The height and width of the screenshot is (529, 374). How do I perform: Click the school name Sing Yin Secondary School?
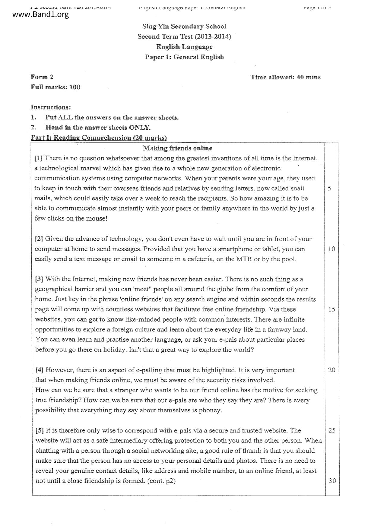(x=184, y=27)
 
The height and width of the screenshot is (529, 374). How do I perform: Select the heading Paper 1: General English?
(x=184, y=57)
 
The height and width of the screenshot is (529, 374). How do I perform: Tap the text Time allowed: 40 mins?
(x=285, y=77)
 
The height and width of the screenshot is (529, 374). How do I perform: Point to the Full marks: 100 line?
(x=55, y=87)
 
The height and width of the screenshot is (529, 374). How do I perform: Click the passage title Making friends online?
(x=178, y=148)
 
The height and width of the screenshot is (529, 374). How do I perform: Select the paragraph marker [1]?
(x=39, y=158)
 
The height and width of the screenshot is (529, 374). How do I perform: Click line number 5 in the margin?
(x=329, y=188)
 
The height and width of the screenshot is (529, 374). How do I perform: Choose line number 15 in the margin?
(x=331, y=309)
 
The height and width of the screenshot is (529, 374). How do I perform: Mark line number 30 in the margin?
(x=332, y=481)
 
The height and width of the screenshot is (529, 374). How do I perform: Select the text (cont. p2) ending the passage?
(x=161, y=481)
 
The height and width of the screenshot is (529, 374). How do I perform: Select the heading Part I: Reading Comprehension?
(x=99, y=138)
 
